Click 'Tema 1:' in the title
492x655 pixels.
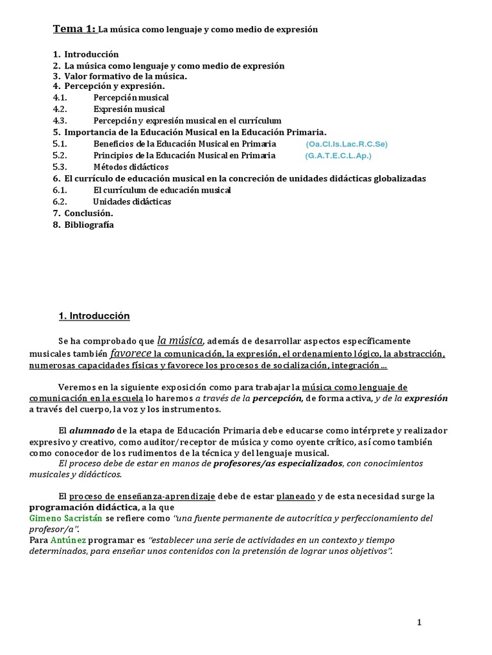74,29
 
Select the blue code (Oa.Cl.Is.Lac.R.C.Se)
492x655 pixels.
347,144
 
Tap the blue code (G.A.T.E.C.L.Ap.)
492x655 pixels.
338,155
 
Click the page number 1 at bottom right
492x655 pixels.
419,622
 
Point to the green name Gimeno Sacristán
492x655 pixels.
65,517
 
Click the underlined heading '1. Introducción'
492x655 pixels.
94,316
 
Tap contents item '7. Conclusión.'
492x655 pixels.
83,213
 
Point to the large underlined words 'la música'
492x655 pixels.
180,340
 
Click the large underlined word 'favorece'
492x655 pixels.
131,353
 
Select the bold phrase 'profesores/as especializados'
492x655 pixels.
277,463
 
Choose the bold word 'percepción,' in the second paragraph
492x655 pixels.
277,398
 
